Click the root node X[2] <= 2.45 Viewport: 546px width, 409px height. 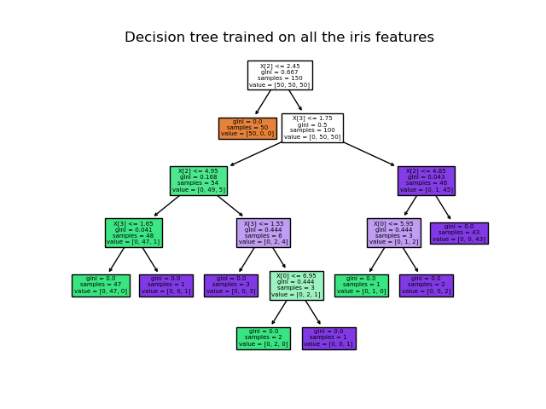tap(280, 75)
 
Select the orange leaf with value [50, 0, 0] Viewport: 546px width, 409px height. tap(247, 128)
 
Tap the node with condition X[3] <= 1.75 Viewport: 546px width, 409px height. tap(312, 128)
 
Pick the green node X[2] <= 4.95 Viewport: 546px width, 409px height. tap(198, 181)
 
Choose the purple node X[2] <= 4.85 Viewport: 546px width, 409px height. tap(426, 181)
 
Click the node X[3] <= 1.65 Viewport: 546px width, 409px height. tap(133, 233)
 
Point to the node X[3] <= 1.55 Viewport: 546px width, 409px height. tap(263, 233)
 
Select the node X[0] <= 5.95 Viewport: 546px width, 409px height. tap(393, 233)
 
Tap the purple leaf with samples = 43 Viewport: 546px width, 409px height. tap(459, 233)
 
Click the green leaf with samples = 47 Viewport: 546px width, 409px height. tap(101, 285)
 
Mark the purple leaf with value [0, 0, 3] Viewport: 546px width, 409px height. tap(230, 285)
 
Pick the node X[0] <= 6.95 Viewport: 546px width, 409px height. tap(296, 285)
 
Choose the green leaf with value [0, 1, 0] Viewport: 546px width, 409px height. tap(361, 285)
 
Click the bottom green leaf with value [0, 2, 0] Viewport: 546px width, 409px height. tap(263, 338)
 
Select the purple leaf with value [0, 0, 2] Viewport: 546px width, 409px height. tap(426, 285)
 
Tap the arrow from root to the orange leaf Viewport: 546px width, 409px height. tap(264, 102)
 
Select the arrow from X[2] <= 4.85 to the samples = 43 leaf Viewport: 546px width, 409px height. tap(442, 207)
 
